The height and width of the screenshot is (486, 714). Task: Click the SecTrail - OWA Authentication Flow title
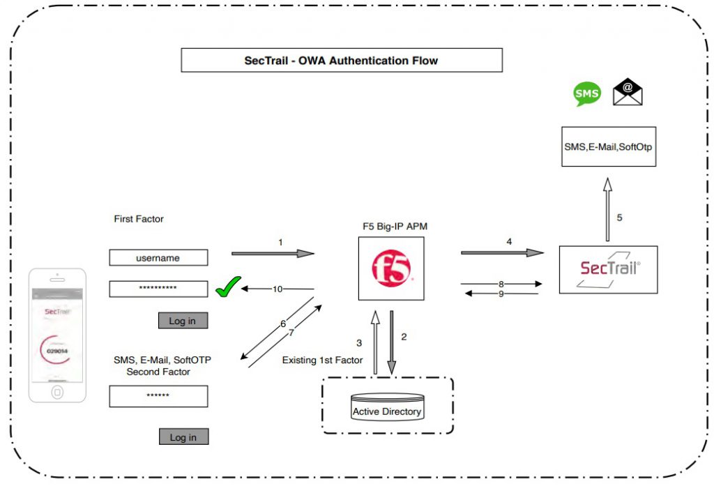[341, 61]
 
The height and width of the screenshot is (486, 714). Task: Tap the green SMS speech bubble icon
[586, 94]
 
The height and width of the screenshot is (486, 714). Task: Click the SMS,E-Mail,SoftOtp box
[609, 146]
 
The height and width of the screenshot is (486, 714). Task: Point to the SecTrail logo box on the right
[609, 268]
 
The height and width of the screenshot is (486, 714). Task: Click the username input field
[158, 258]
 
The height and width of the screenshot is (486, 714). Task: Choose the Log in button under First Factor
[183, 321]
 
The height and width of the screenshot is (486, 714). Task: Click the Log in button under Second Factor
[183, 437]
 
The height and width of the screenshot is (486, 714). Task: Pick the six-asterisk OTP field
[158, 396]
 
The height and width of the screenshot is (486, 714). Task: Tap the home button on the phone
[57, 392]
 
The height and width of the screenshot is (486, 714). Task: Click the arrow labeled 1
[273, 253]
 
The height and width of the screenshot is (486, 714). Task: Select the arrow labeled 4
[502, 252]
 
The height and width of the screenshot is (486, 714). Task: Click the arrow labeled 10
[279, 288]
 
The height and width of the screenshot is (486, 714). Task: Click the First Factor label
[139, 219]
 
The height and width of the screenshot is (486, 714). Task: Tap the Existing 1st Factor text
[322, 360]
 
